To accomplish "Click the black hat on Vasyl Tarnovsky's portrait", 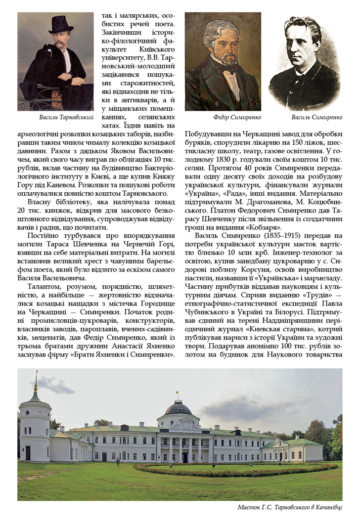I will pyautogui.click(x=61, y=24).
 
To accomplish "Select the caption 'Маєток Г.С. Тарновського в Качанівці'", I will pyautogui.click(x=290, y=507).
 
